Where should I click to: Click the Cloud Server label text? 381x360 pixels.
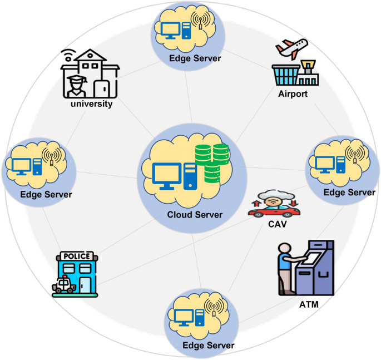(x=194, y=215)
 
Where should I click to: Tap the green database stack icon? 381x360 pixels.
(x=212, y=163)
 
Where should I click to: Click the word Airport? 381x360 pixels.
(x=293, y=93)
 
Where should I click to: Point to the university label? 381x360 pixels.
(x=92, y=103)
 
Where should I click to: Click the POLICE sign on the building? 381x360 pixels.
(x=77, y=257)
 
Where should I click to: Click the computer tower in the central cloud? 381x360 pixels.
(x=190, y=177)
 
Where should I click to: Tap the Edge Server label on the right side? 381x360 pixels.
(x=349, y=193)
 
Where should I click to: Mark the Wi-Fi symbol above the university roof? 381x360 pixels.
(x=68, y=55)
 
